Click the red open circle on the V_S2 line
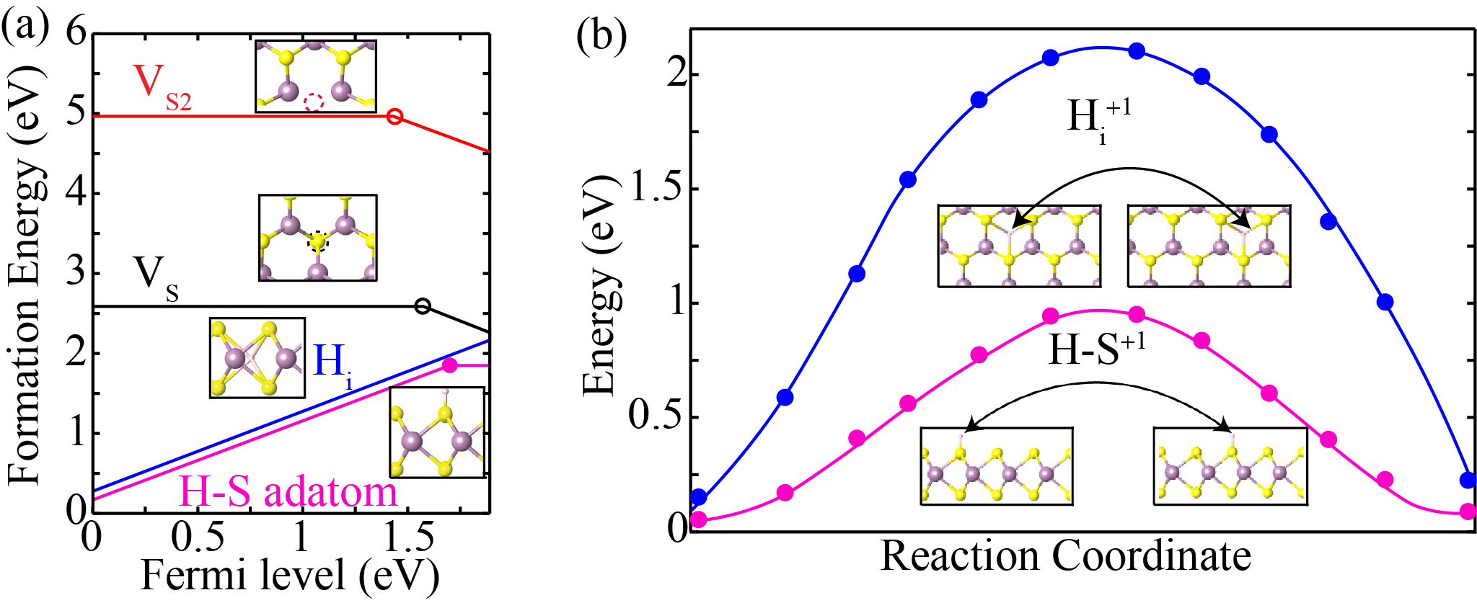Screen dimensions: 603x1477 394,116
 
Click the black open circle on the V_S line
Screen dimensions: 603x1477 423,306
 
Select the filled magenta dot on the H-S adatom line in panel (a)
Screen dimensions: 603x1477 450,365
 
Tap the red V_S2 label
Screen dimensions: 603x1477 160,86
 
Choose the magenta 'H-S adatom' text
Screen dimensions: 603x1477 287,492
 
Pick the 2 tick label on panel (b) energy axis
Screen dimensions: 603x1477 676,75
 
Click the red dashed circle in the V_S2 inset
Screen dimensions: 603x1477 313,102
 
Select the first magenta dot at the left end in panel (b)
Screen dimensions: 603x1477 698,520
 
